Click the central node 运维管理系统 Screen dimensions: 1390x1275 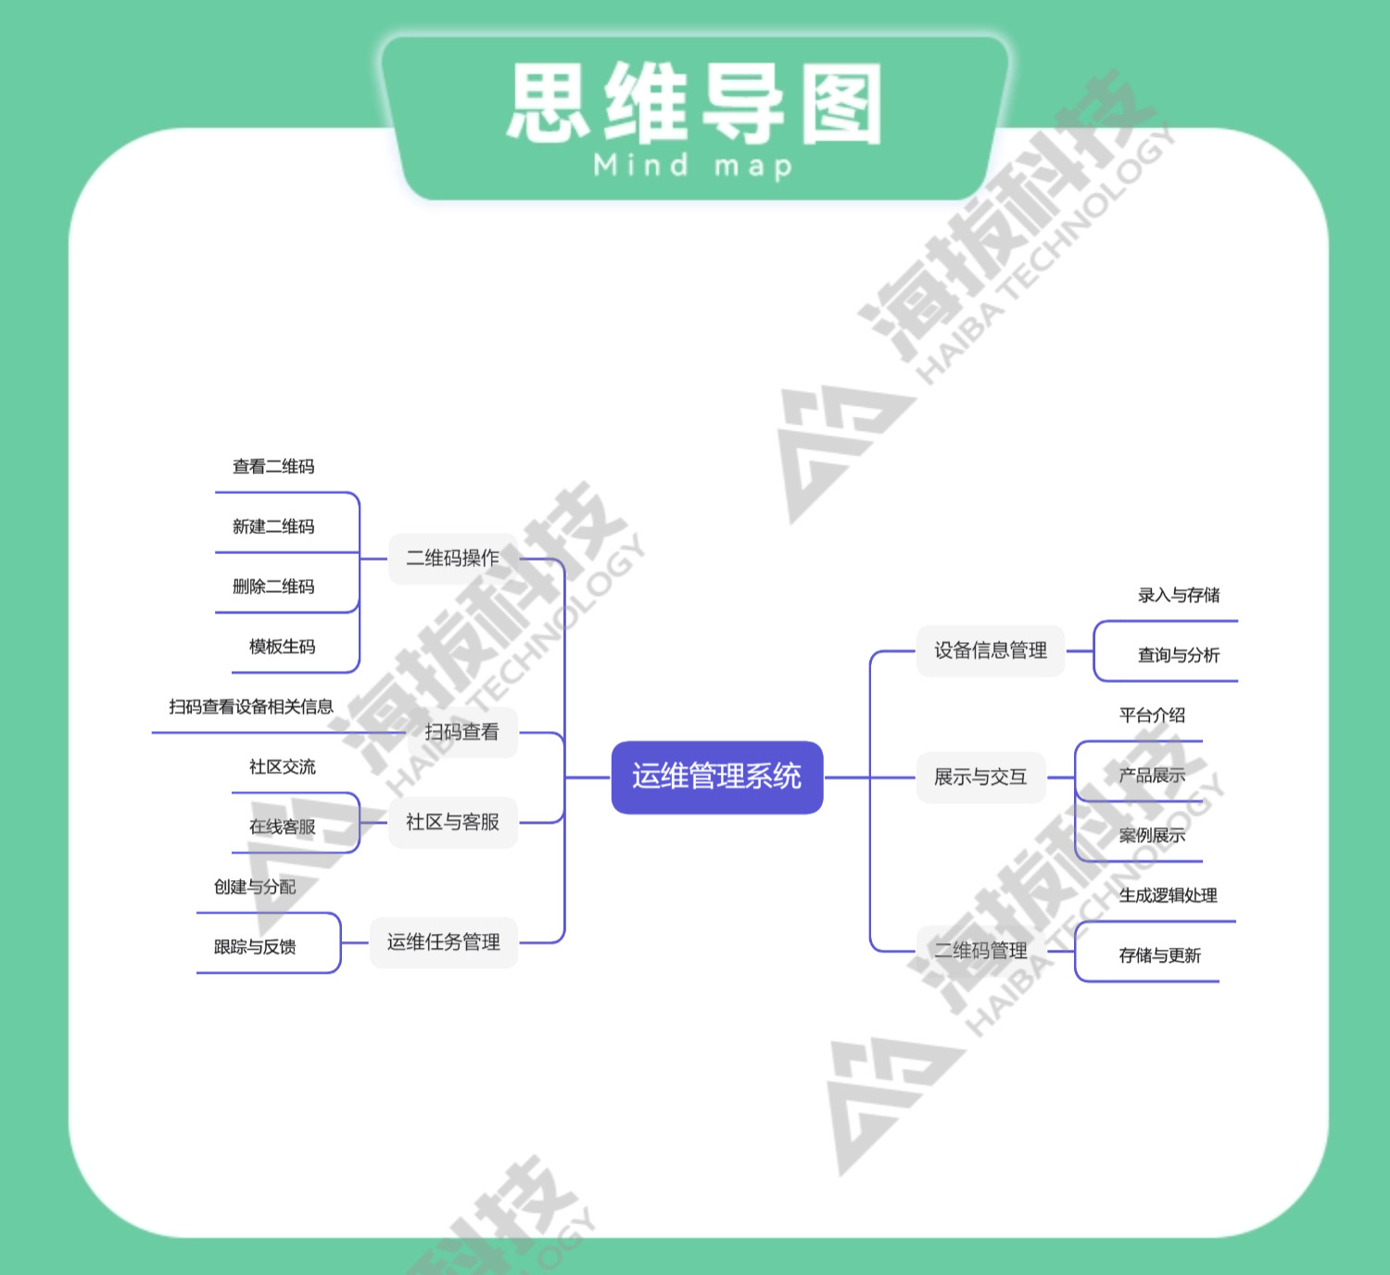(716, 776)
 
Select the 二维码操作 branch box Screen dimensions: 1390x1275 (452, 558)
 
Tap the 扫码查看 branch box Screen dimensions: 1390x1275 (461, 732)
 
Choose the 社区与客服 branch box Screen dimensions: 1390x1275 (452, 822)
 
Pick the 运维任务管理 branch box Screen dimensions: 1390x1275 (443, 942)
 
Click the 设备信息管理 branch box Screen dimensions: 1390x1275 (990, 650)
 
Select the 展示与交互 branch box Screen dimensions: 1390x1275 (980, 776)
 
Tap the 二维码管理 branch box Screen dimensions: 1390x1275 (980, 951)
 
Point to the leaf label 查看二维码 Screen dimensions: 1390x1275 (273, 467)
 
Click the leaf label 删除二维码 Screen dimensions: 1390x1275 (273, 587)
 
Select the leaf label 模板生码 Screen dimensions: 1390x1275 (282, 647)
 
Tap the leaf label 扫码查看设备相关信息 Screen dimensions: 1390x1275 (250, 707)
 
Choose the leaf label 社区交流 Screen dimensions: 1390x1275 (282, 767)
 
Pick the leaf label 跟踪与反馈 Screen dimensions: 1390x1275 (255, 947)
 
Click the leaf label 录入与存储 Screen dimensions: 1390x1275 (1179, 595)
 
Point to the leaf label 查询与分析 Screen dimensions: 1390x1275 (1179, 655)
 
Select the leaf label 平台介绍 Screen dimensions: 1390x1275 (1152, 715)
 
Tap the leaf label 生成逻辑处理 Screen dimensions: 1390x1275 (1168, 895)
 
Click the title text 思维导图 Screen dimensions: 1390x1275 (695, 104)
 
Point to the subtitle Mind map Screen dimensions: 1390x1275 (693, 167)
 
